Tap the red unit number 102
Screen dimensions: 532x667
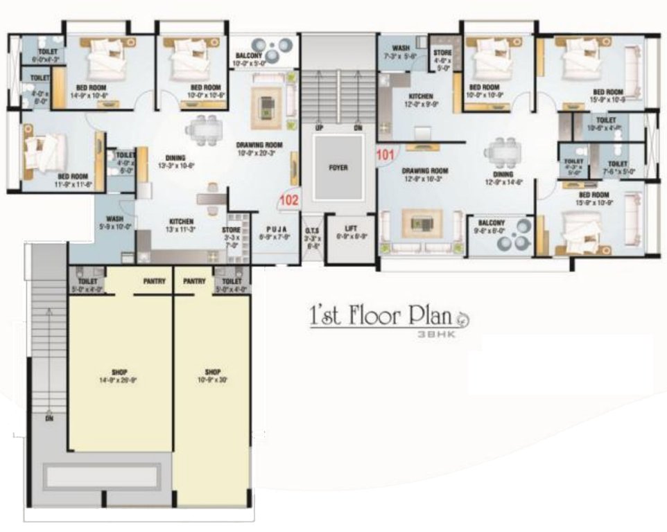[x=288, y=201]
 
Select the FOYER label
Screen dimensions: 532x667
[x=338, y=168]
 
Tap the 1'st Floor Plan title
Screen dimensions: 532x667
[x=380, y=317]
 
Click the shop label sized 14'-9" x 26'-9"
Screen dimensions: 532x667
[x=118, y=372]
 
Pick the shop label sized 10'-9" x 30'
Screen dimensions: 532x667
[x=211, y=371]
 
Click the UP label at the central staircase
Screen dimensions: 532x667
[x=319, y=128]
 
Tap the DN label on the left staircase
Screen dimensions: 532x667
[x=49, y=418]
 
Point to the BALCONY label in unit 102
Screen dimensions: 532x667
[x=248, y=55]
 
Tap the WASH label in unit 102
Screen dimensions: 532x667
[x=114, y=219]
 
